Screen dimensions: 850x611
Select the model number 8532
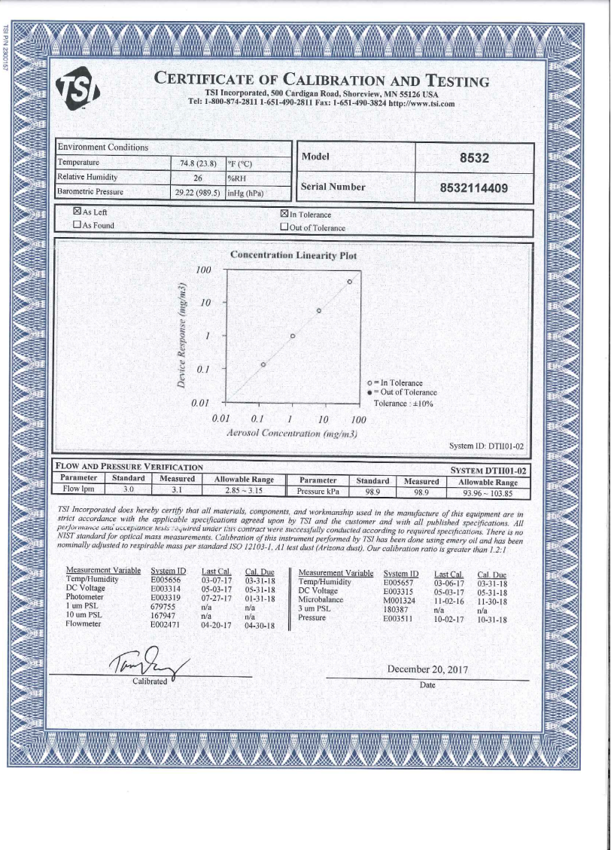tap(474, 159)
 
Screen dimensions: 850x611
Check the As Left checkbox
tap(77, 213)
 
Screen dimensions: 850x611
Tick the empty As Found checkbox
tap(77, 225)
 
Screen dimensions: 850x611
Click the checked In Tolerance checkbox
tap(284, 215)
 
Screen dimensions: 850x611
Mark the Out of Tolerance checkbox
tap(284, 227)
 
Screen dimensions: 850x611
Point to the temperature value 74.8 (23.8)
tap(199, 163)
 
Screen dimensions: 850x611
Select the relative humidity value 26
tap(199, 178)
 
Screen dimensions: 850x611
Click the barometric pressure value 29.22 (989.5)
tap(198, 193)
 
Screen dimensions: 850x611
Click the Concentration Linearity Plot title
tap(293, 255)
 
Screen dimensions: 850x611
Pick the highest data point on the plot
tap(349, 282)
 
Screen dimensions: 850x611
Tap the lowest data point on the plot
tap(263, 364)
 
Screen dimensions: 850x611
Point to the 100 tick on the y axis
tap(203, 270)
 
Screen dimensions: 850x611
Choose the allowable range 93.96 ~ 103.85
tap(489, 494)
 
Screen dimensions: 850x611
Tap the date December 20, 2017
tap(426, 669)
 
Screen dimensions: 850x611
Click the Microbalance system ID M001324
tap(400, 600)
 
